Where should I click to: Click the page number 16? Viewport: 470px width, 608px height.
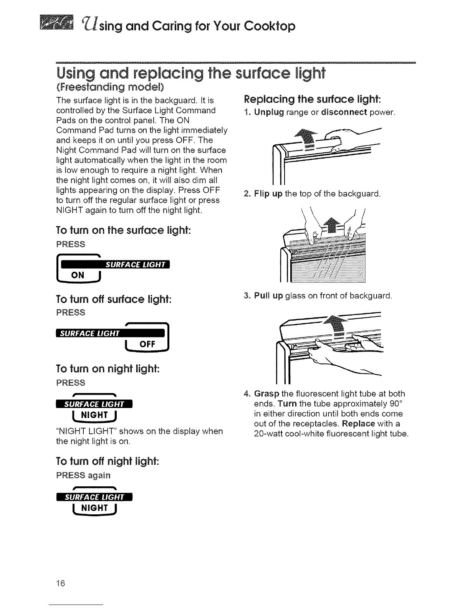pyautogui.click(x=61, y=583)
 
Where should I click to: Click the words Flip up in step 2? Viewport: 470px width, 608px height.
pyautogui.click(x=268, y=194)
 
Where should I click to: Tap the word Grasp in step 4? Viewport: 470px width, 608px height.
pyautogui.click(x=267, y=394)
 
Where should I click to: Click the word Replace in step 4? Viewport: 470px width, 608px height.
pyautogui.click(x=359, y=424)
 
